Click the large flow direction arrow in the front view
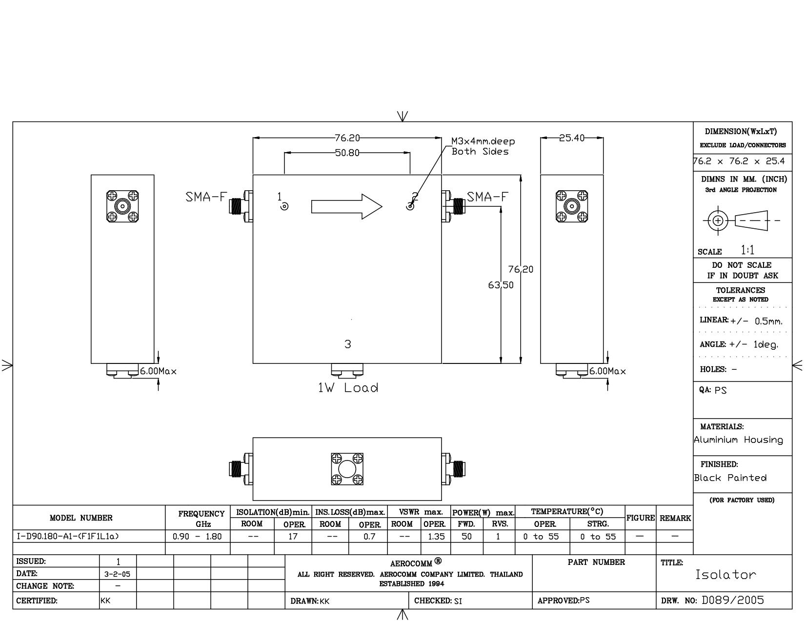click(x=346, y=206)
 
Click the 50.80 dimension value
click(x=347, y=153)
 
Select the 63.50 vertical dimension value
click(x=501, y=285)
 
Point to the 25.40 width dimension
click(x=572, y=138)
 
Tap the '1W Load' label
click(x=348, y=388)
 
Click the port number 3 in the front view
click(x=347, y=344)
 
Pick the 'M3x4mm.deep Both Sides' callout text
click(x=483, y=146)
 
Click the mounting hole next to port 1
click(x=284, y=206)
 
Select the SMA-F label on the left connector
click(x=206, y=197)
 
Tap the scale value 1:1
click(x=747, y=250)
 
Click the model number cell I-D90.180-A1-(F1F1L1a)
click(x=68, y=536)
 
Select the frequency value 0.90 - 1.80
click(x=197, y=537)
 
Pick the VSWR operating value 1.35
click(x=436, y=537)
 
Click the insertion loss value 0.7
click(x=369, y=537)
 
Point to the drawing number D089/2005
click(x=733, y=600)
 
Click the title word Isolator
click(x=725, y=575)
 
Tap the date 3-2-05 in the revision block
click(x=117, y=574)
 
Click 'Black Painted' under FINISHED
click(x=730, y=478)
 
